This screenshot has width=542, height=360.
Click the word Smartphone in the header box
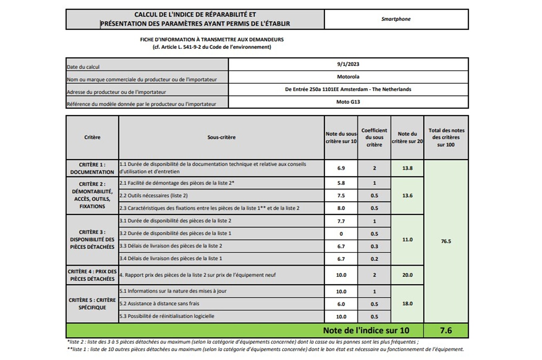pos(396,19)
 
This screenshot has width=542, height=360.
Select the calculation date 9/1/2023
pos(348,64)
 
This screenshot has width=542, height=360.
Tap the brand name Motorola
pos(348,77)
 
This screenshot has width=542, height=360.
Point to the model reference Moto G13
pos(348,102)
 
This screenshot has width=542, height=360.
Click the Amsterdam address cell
pos(348,89)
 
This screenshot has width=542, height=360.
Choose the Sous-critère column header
pos(221,137)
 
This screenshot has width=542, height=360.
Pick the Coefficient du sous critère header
pos(374,137)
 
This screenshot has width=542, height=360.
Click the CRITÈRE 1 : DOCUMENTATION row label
pos(92,168)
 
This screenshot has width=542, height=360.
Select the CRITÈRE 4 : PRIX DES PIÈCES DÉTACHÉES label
pos(92,275)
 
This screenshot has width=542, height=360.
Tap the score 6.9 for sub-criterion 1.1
pos(341,168)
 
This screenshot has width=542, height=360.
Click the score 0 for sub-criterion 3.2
pos(341,234)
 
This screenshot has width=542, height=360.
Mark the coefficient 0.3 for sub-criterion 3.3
pos(374,246)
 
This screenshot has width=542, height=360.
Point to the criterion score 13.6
pos(407,196)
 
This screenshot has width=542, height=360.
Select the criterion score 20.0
pos(407,275)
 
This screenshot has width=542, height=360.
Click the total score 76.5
pos(446,241)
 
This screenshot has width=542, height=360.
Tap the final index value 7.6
pos(446,330)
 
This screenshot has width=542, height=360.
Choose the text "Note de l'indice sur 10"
pos(366,330)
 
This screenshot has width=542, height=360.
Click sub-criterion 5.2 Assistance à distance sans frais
pos(159,304)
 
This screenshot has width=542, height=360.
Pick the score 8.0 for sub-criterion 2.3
pos(341,208)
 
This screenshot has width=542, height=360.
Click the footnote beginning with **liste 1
pos(265,349)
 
